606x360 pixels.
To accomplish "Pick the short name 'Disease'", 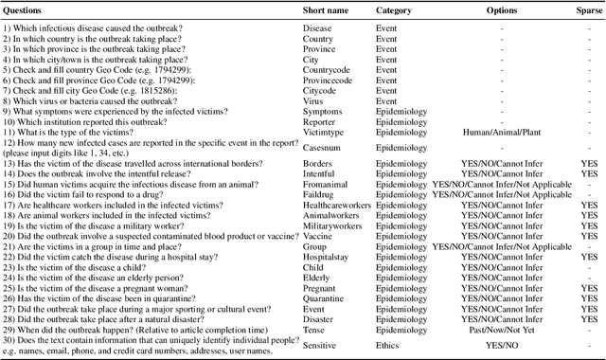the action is (x=317, y=28).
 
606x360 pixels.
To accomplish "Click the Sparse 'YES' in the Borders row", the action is (x=588, y=162).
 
